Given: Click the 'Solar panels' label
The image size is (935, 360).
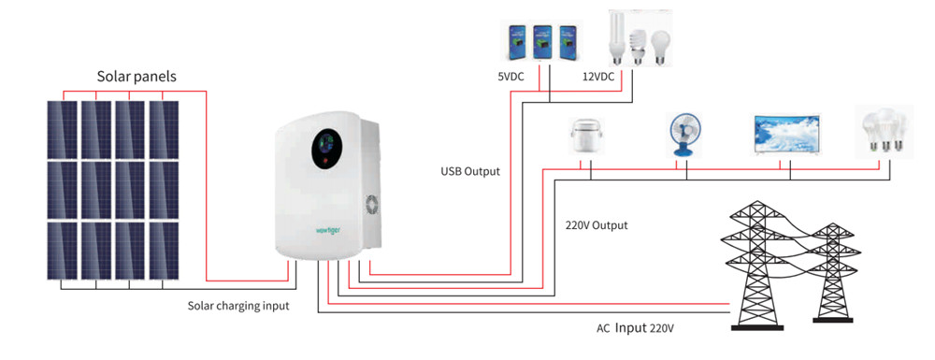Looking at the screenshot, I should (x=137, y=75).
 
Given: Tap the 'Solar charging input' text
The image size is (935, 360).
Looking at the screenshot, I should (x=237, y=306).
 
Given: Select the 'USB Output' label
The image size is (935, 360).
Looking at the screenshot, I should (x=470, y=171).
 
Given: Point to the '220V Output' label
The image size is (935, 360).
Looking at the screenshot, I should (x=597, y=225).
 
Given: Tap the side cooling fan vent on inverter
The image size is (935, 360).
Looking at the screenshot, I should (x=368, y=206).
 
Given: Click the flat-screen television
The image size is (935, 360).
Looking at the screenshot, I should (x=786, y=134).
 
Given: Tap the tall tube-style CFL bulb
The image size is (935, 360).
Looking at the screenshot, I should (x=617, y=36).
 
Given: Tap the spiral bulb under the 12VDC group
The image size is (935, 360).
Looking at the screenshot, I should (x=640, y=45).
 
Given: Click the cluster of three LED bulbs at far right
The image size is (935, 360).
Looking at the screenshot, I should (x=883, y=131).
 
